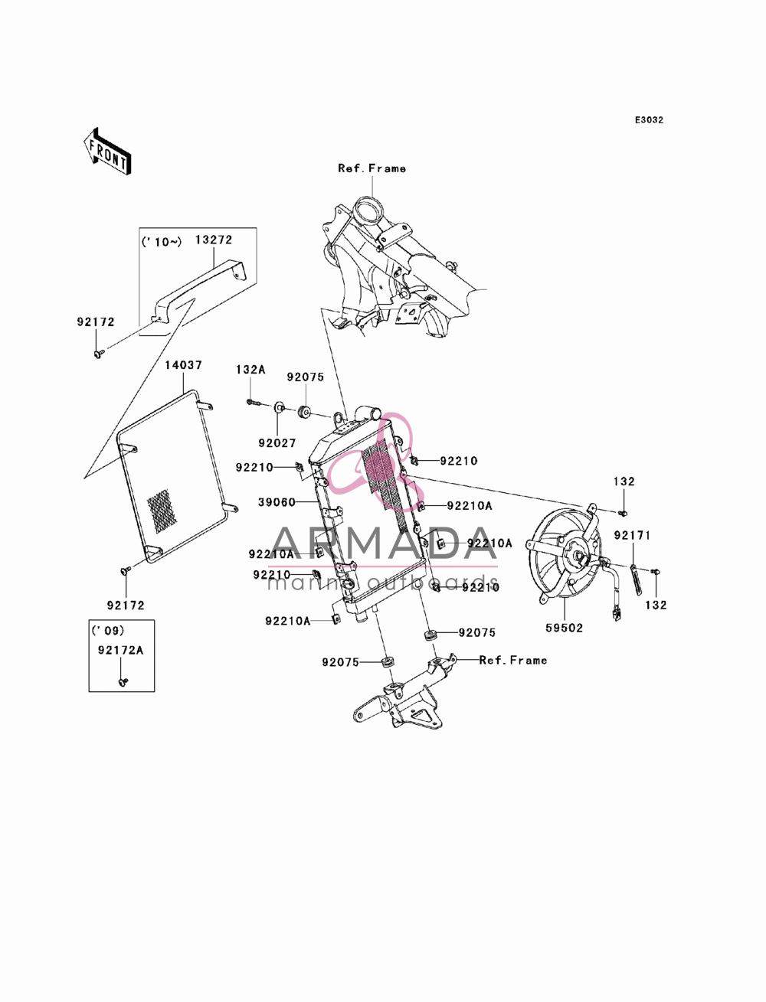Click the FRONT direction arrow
(x=107, y=151)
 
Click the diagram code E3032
(x=649, y=120)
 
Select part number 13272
(x=214, y=240)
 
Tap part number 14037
(x=183, y=364)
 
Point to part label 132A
(x=250, y=369)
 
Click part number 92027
(x=277, y=442)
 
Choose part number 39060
(x=277, y=502)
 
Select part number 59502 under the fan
(x=564, y=628)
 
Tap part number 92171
(x=632, y=535)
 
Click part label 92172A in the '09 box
(x=120, y=650)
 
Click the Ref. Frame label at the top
(x=372, y=168)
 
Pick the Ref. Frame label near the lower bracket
(x=513, y=660)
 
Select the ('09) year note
(x=108, y=631)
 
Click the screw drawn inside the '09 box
(x=123, y=681)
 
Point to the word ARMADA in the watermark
(x=383, y=543)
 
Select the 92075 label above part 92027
(x=305, y=377)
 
